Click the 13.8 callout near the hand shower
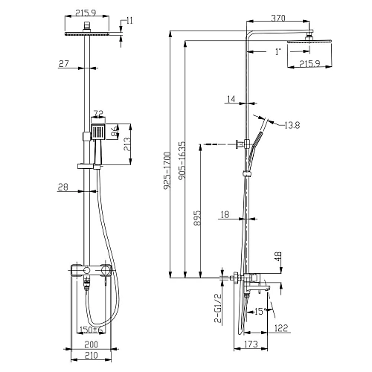click(292, 126)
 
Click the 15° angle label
click(258, 312)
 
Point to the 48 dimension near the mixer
click(278, 257)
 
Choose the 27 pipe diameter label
click(64, 65)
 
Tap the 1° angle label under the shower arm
click(278, 51)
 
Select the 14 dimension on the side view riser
click(231, 98)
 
